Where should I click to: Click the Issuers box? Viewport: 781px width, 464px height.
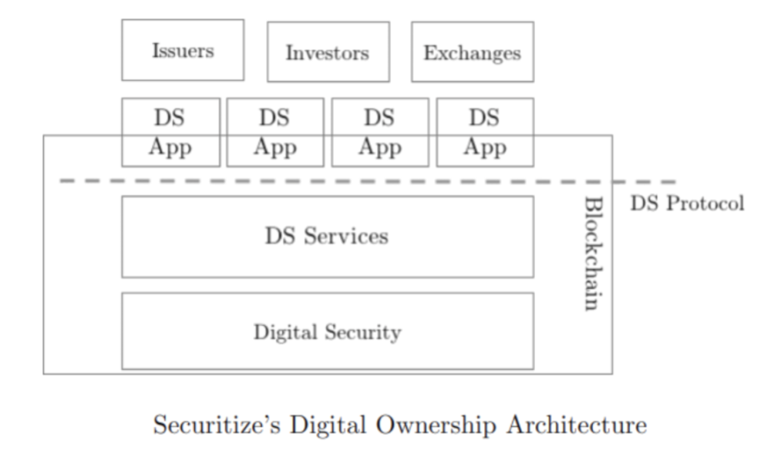click(182, 51)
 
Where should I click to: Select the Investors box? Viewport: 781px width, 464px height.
click(328, 52)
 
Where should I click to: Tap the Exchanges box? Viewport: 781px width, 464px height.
click(472, 52)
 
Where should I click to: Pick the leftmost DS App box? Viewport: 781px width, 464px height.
click(170, 132)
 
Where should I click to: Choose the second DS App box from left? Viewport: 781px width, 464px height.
click(275, 132)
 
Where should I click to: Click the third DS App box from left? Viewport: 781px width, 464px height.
click(379, 132)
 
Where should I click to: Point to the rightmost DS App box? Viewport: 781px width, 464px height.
click(484, 132)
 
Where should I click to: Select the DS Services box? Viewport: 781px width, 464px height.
click(327, 237)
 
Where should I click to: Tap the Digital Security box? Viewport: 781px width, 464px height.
click(327, 331)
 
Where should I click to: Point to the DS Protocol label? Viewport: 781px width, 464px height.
click(686, 203)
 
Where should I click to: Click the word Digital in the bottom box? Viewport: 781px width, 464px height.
click(284, 332)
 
